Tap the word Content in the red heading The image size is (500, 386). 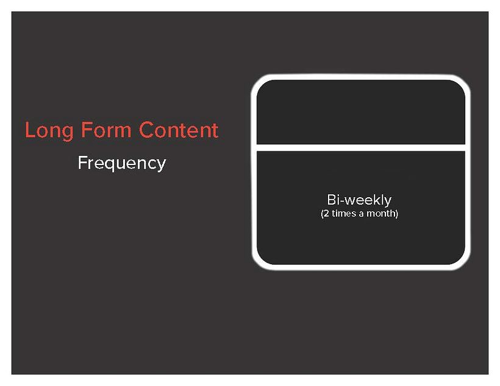[178, 130]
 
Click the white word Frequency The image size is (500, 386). [122, 163]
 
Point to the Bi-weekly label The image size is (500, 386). [359, 200]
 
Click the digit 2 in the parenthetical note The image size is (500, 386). [326, 214]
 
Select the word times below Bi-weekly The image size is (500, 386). [343, 214]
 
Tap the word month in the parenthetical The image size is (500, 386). [381, 214]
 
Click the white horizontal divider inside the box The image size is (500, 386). [361, 147]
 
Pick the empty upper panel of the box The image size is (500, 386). [361, 113]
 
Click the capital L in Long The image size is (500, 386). [30, 130]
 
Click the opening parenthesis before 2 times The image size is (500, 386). [321, 214]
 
